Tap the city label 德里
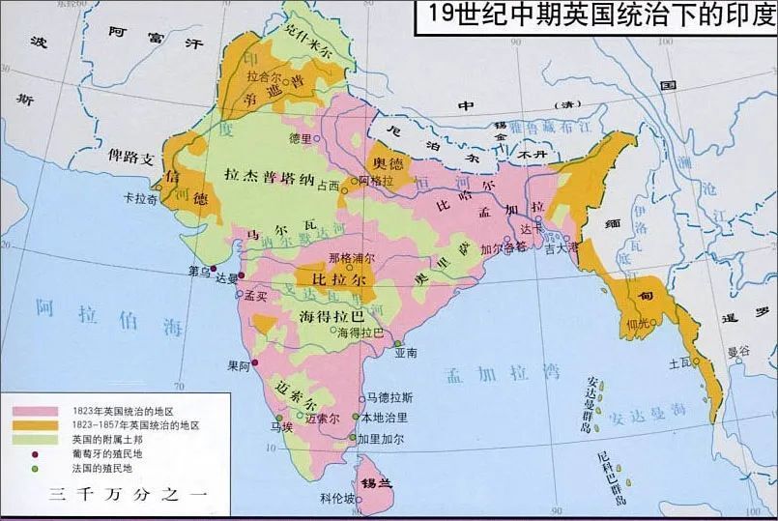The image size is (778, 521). click(x=301, y=138)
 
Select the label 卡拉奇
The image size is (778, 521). click(x=141, y=198)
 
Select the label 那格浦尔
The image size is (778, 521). click(x=352, y=258)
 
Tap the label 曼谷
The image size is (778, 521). click(x=738, y=351)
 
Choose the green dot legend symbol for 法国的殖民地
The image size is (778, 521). click(x=34, y=468)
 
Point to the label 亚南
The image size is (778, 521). click(x=406, y=354)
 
